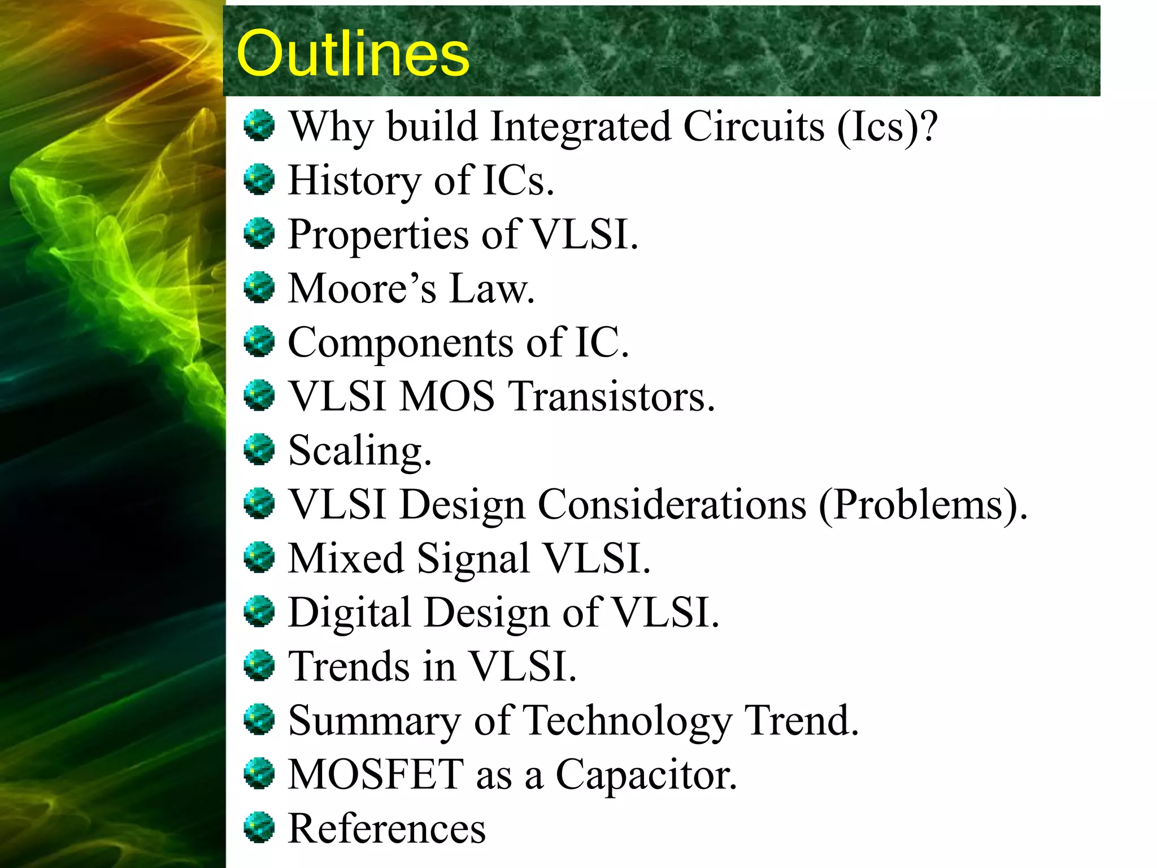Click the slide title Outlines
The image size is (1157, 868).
[353, 54]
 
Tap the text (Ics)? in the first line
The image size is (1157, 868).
[887, 127]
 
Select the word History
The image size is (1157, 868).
[354, 181]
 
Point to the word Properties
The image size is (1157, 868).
[378, 235]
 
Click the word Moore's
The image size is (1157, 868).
[362, 289]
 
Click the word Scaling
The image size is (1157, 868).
[359, 451]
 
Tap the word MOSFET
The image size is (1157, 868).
[376, 775]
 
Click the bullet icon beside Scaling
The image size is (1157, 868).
[259, 450]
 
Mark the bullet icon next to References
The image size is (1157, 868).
[259, 827]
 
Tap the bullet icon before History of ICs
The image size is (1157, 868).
[259, 180]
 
